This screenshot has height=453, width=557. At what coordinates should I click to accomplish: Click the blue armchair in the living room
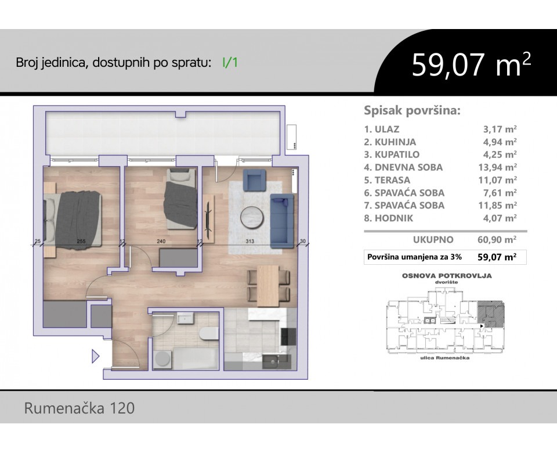254,179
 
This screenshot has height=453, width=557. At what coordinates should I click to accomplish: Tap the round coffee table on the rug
252,217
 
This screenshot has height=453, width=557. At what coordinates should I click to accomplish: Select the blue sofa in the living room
282,221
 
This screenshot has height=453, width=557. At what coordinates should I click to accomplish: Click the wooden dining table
268,286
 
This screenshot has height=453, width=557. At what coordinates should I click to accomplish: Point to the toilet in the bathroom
209,333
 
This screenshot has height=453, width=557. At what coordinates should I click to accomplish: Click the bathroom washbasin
186,318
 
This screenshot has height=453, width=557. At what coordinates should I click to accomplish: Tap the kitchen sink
273,362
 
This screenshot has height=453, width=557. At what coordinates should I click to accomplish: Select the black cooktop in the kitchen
288,336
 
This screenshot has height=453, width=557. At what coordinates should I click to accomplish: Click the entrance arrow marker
96,356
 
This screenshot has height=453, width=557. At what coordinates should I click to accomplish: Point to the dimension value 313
250,241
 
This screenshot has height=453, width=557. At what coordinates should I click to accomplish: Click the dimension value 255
81,241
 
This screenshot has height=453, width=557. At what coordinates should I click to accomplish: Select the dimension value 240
161,241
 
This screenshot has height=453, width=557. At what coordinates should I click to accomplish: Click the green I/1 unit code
230,63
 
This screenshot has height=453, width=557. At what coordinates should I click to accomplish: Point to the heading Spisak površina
412,110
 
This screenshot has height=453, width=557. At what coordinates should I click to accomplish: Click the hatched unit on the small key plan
491,314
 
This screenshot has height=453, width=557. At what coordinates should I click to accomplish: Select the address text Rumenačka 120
79,408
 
